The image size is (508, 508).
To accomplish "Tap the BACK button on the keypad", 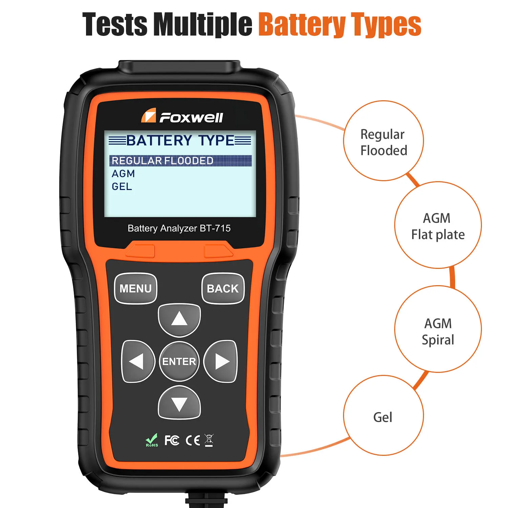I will pos(223,289).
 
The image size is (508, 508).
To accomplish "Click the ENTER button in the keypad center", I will pos(179,361).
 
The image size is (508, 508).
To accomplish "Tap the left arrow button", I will pos(138,361).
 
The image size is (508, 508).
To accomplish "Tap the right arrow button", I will pos(221,361).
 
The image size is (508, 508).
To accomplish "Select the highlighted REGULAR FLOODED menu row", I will pos(180,161).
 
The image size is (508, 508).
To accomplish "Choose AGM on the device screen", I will pos(123,174).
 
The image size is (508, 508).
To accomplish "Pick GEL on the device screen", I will pos(122,187).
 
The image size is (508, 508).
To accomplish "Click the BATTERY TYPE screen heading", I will pos(180,140).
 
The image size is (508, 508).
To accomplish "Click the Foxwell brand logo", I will pos(182,117).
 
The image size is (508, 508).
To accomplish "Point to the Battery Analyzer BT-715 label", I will pos(179,228).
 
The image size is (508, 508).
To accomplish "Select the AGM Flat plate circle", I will pos(438,226).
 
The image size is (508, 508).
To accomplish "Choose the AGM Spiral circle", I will pos(438,330).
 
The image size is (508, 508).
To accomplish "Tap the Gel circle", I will pos(383,416).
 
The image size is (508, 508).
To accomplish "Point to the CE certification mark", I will pos(193,440).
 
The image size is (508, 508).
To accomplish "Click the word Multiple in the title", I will pos(203,24).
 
